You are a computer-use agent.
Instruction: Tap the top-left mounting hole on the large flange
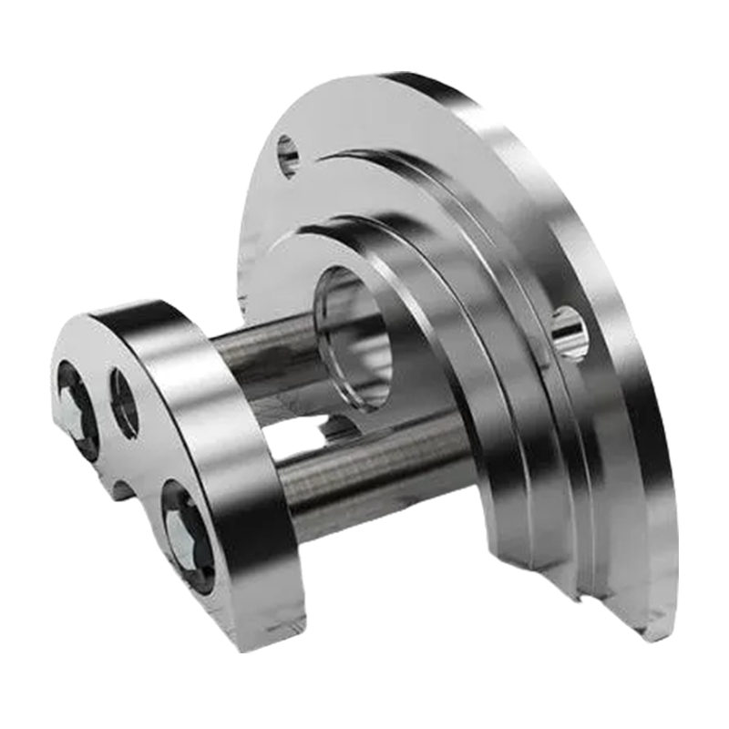click(287, 155)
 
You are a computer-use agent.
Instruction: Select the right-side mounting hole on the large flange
click(569, 333)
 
